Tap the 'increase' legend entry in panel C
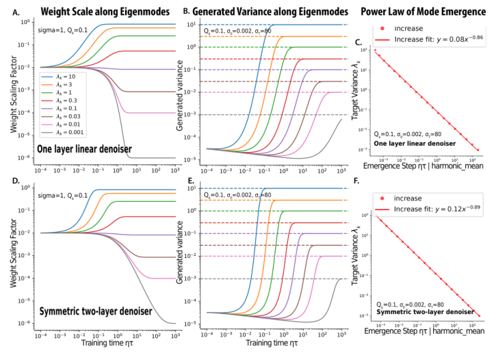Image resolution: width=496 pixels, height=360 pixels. pyautogui.click(x=413, y=29)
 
